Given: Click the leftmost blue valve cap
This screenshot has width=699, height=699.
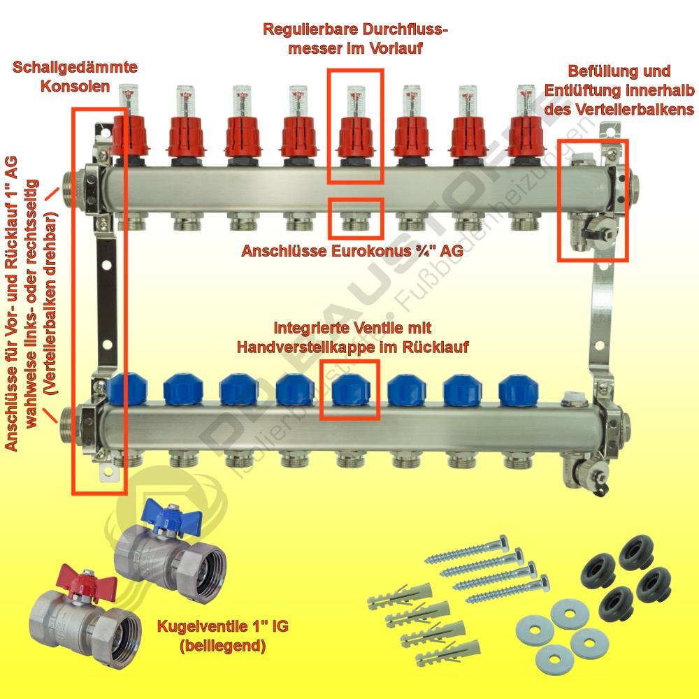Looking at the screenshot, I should (126, 389).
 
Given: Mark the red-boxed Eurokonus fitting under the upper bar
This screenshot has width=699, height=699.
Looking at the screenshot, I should (356, 221).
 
